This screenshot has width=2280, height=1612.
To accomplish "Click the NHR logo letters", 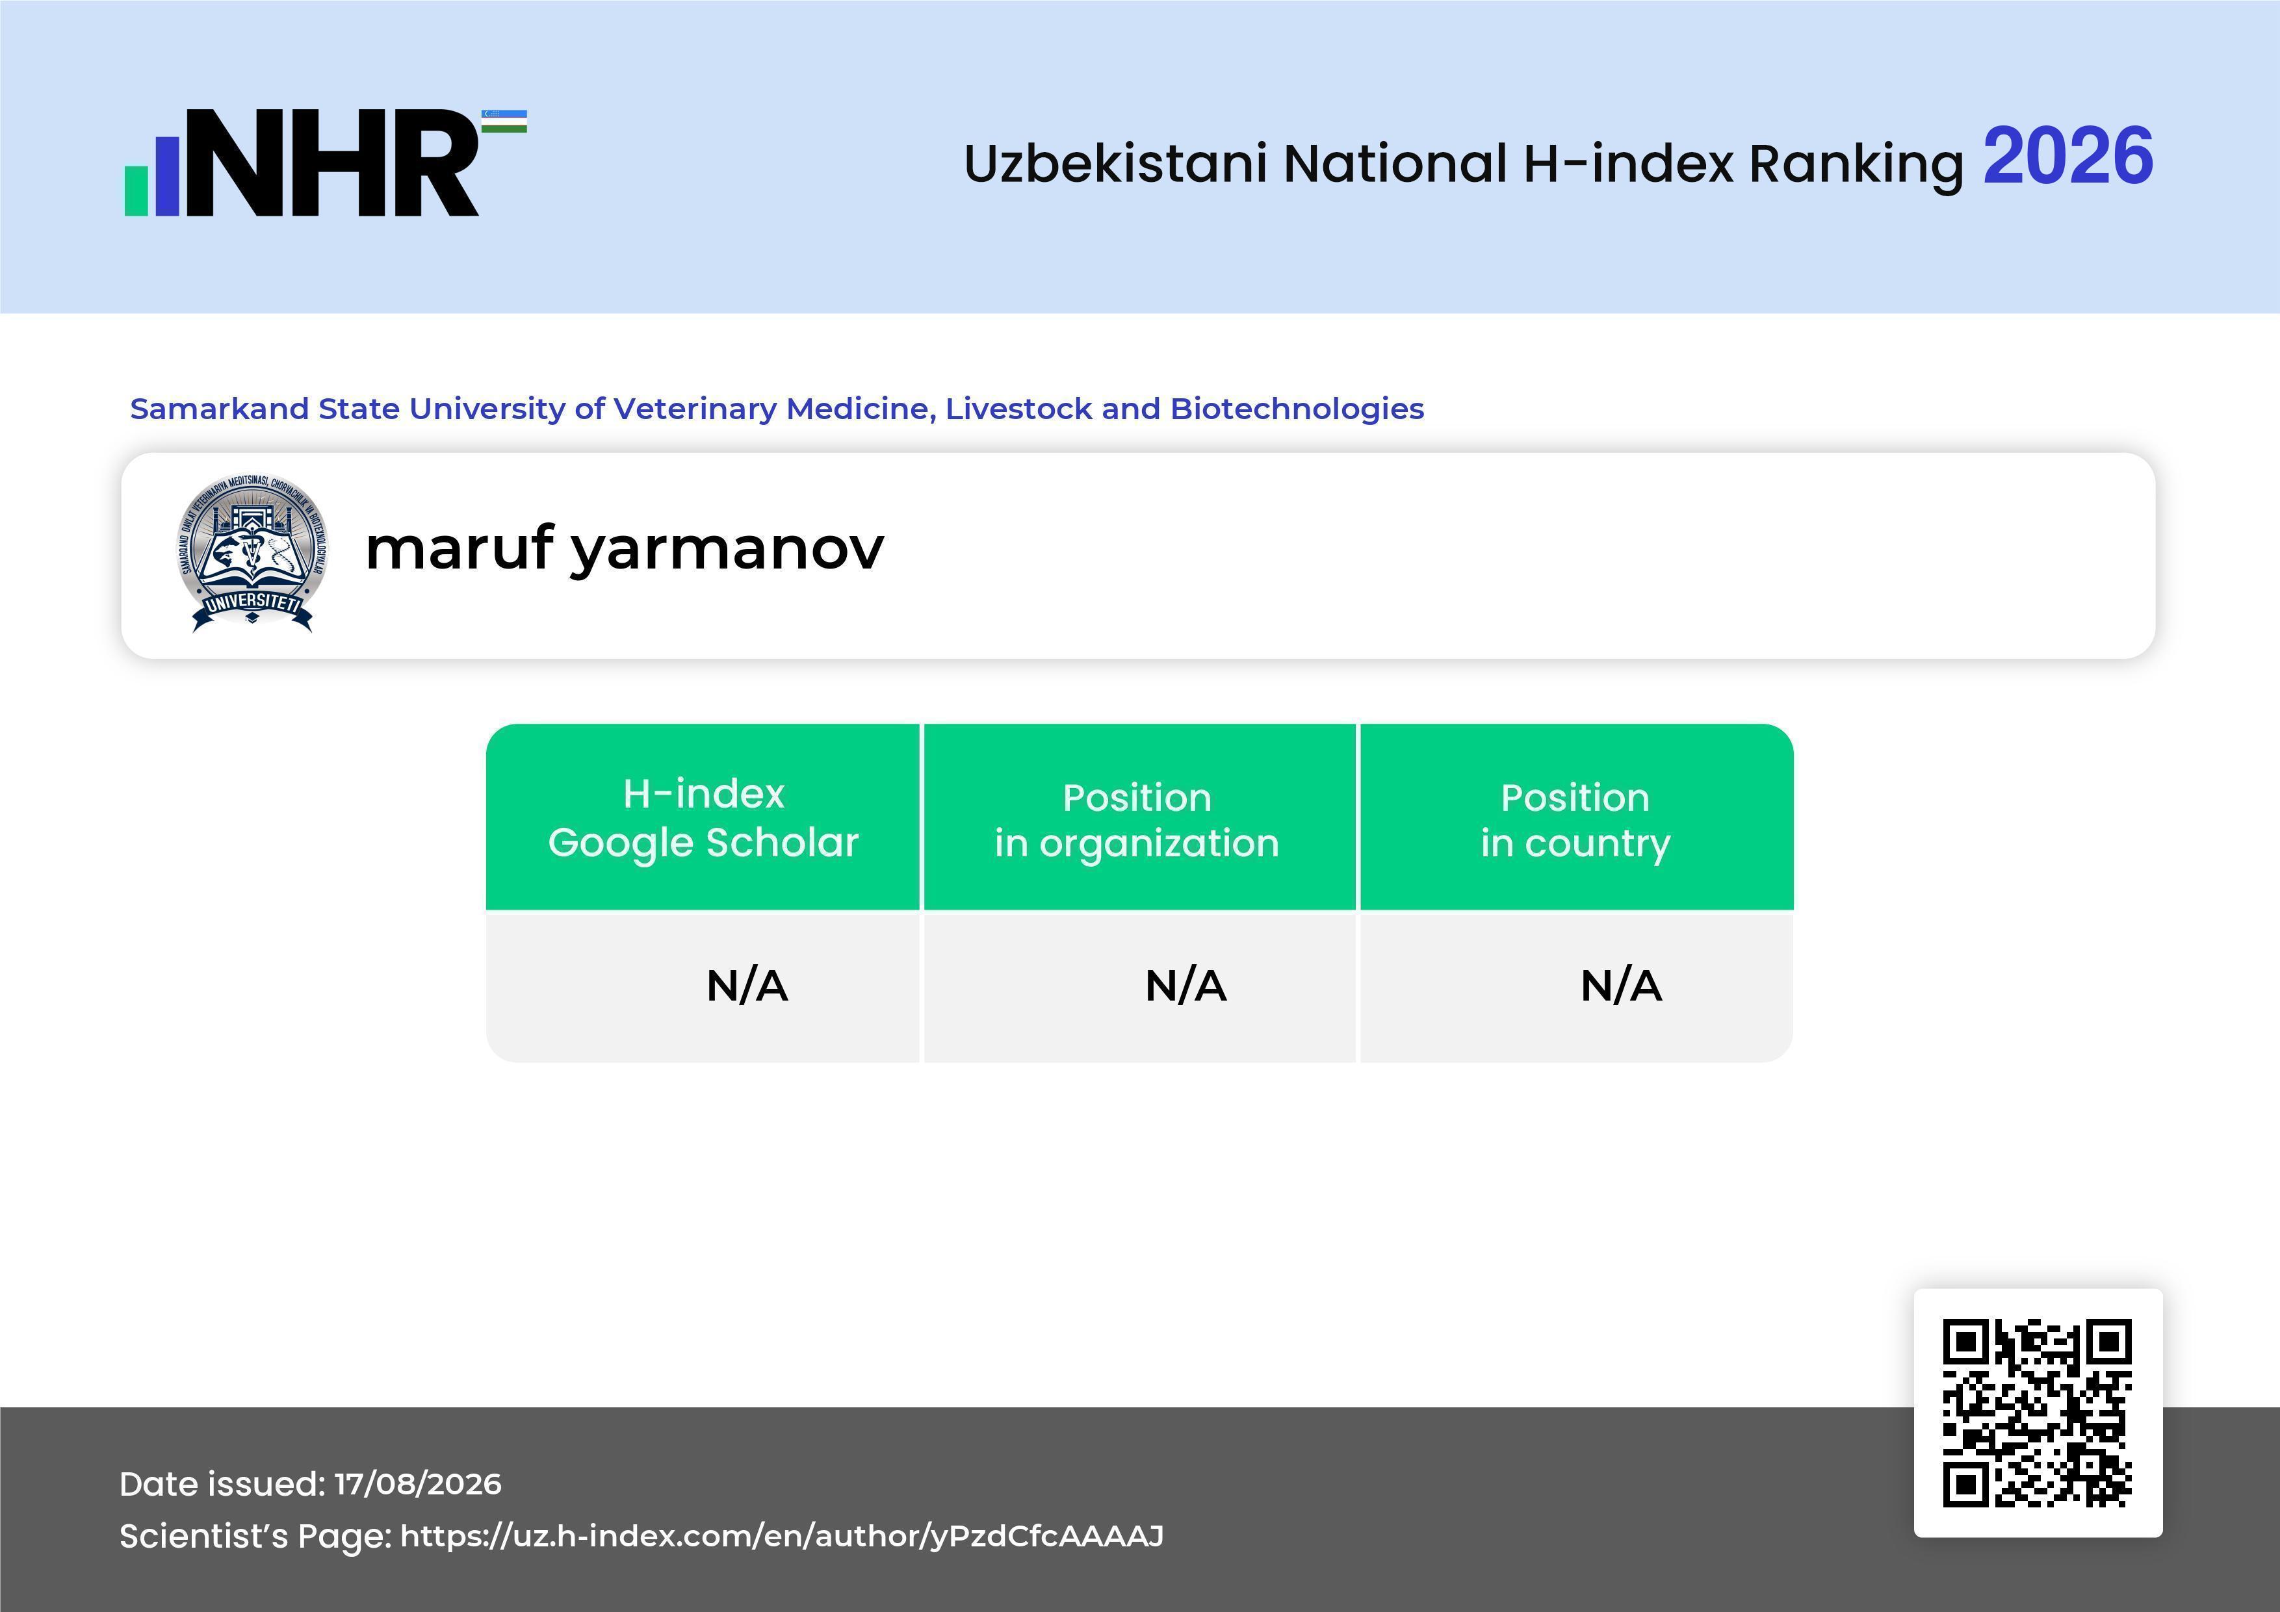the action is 331,163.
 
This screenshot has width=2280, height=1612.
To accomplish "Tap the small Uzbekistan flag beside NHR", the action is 504,121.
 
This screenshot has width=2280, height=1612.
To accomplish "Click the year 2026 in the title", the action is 2067,157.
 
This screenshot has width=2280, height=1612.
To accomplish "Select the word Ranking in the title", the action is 1856,164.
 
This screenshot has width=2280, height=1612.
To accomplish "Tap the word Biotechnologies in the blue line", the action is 1297,409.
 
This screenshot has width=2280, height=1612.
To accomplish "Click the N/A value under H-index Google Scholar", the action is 747,986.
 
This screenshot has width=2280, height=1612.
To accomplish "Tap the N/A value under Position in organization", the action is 1185,986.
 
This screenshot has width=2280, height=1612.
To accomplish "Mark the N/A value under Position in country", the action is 1620,986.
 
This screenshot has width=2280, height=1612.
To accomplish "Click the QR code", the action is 2038,1413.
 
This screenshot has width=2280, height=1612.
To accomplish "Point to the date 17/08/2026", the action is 418,1484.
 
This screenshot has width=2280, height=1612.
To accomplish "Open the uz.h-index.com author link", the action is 781,1535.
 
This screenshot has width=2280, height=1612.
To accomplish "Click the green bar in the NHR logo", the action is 136,190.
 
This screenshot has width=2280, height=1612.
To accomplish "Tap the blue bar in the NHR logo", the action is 167,175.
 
